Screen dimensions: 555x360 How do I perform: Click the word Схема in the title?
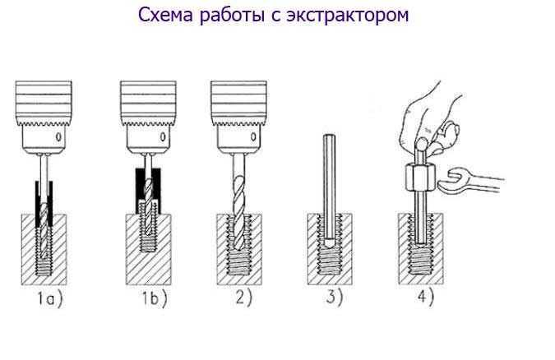click(165, 15)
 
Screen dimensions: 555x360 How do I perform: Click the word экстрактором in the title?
click(348, 16)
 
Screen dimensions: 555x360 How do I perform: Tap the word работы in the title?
click(233, 16)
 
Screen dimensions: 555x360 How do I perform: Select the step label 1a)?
click(49, 298)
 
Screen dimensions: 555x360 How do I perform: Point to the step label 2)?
click(244, 298)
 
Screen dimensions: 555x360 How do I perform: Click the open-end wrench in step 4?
click(471, 181)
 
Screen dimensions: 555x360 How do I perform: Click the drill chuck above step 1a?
click(44, 117)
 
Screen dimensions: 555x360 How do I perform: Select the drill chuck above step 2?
click(239, 117)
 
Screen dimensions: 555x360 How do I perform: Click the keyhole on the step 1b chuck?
click(163, 136)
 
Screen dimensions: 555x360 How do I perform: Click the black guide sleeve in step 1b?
click(148, 192)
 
